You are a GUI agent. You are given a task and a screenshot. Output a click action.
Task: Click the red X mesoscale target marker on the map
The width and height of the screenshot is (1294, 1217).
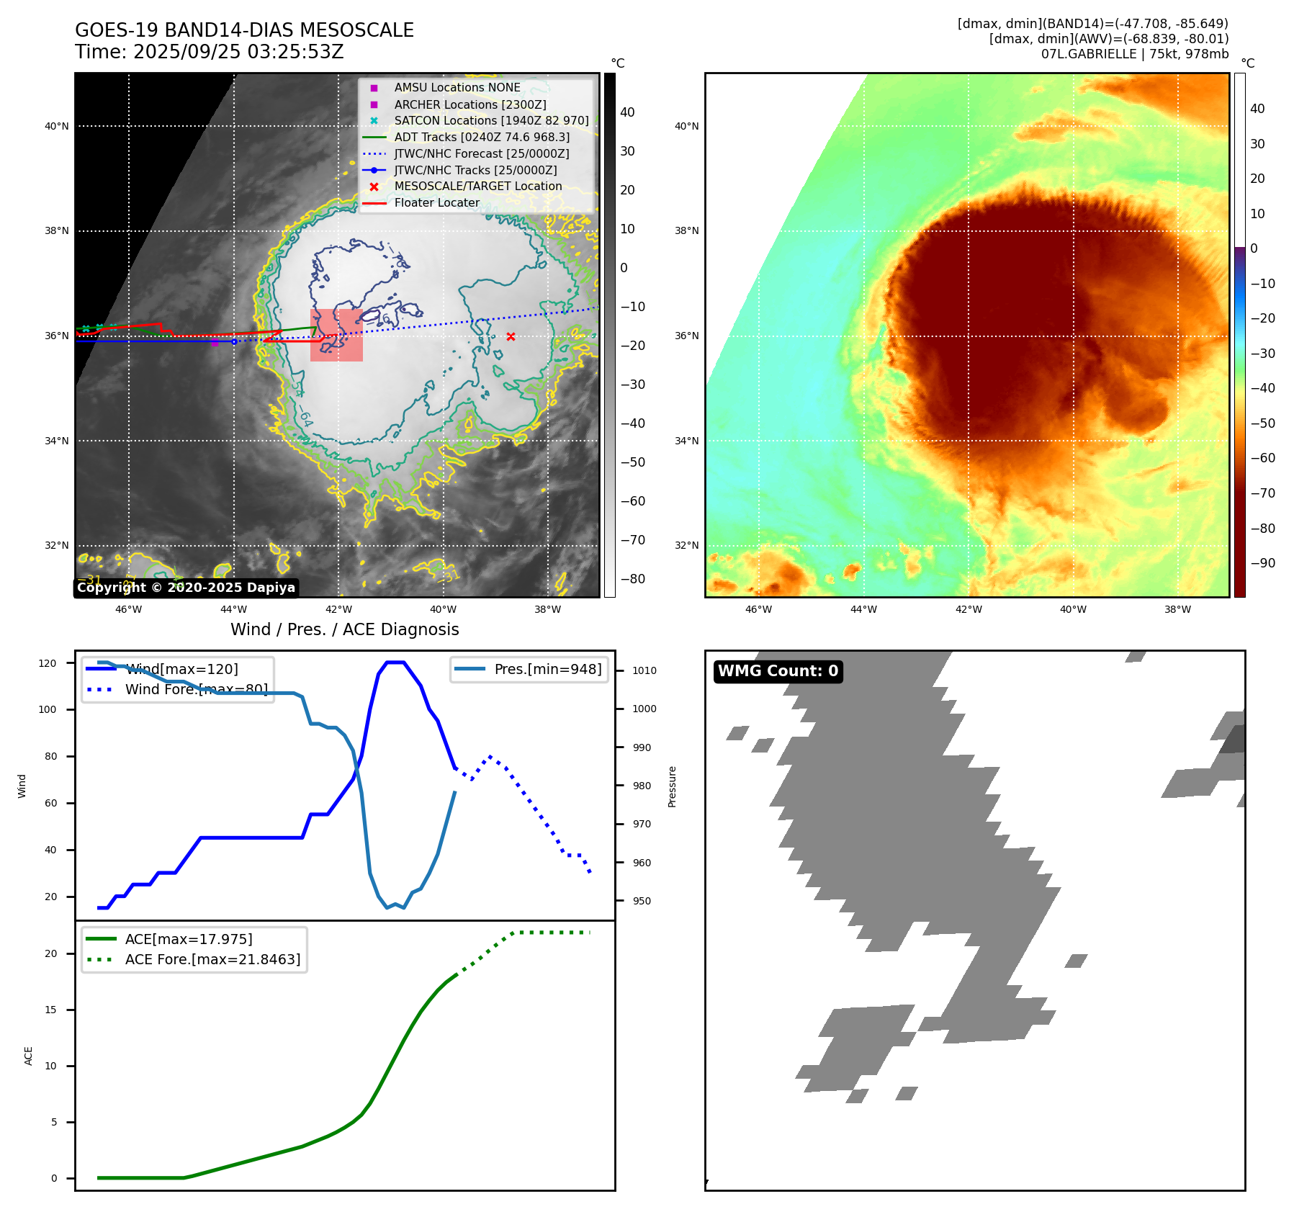tap(511, 336)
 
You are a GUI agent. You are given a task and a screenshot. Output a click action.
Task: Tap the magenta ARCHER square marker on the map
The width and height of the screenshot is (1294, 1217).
tap(215, 343)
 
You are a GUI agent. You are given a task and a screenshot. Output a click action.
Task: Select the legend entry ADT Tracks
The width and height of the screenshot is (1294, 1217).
tap(481, 137)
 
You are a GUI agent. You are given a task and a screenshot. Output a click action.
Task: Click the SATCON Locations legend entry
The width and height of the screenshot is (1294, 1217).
tap(491, 120)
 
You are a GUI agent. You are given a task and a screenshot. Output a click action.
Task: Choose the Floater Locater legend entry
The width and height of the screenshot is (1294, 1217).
tap(436, 202)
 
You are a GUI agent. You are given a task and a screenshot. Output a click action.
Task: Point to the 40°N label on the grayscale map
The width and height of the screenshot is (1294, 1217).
tap(57, 126)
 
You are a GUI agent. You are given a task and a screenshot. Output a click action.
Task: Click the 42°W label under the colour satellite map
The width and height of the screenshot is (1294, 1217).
tap(968, 609)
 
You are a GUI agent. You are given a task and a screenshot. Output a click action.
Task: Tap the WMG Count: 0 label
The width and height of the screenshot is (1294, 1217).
tap(778, 671)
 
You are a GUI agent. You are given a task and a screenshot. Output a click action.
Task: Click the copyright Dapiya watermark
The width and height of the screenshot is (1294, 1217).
tap(186, 588)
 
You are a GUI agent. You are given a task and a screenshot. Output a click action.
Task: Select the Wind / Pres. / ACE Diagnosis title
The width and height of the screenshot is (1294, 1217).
tap(344, 629)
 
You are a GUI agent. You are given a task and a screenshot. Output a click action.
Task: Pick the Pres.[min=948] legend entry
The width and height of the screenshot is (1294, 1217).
tap(547, 669)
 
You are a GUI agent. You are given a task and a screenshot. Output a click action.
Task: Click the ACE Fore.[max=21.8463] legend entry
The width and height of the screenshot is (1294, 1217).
tap(212, 959)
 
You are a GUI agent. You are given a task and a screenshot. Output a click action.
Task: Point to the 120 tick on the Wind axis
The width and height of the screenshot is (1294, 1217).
tap(48, 663)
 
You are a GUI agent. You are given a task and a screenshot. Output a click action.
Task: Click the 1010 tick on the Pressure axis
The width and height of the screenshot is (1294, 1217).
tap(644, 670)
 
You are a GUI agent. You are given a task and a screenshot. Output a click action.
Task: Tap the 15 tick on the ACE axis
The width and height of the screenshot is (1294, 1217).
tap(50, 1010)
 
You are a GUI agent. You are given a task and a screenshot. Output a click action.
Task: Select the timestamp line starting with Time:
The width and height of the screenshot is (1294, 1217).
tap(209, 52)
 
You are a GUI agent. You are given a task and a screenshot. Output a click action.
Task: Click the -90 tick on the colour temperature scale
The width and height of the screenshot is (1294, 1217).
tap(1262, 563)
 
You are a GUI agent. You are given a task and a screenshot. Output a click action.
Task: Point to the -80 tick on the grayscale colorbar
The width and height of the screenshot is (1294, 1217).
tap(633, 579)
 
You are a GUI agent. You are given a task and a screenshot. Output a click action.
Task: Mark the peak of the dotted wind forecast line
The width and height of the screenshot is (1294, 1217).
tap(490, 756)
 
